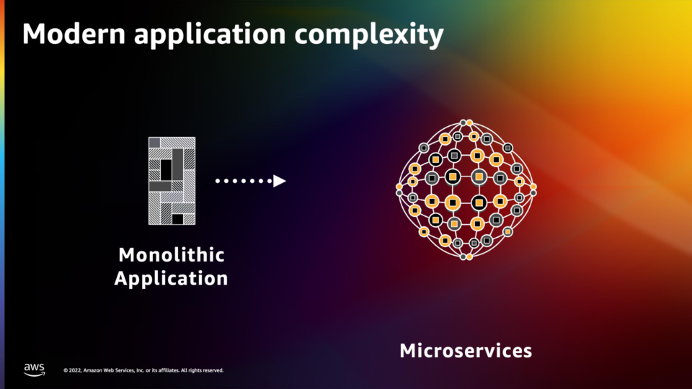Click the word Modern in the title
pyautogui.click(x=74, y=34)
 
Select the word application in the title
pyautogui.click(x=210, y=35)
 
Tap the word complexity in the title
pyautogui.click(x=369, y=35)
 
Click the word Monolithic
pyautogui.click(x=172, y=255)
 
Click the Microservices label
pyautogui.click(x=466, y=351)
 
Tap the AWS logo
pyautogui.click(x=34, y=370)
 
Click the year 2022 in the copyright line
pyautogui.click(x=75, y=370)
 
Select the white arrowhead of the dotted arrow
pyautogui.click(x=280, y=181)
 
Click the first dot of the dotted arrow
pyautogui.click(x=218, y=181)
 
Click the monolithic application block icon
pyautogui.click(x=172, y=181)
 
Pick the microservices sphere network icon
pyautogui.click(x=466, y=189)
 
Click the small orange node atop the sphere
pyautogui.click(x=469, y=122)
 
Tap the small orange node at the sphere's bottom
pyautogui.click(x=469, y=256)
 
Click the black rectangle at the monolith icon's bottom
pyautogui.click(x=177, y=219)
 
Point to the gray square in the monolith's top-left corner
pyautogui.click(x=154, y=143)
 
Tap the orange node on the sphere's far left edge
pyautogui.click(x=399, y=187)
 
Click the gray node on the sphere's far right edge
pyautogui.click(x=533, y=193)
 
